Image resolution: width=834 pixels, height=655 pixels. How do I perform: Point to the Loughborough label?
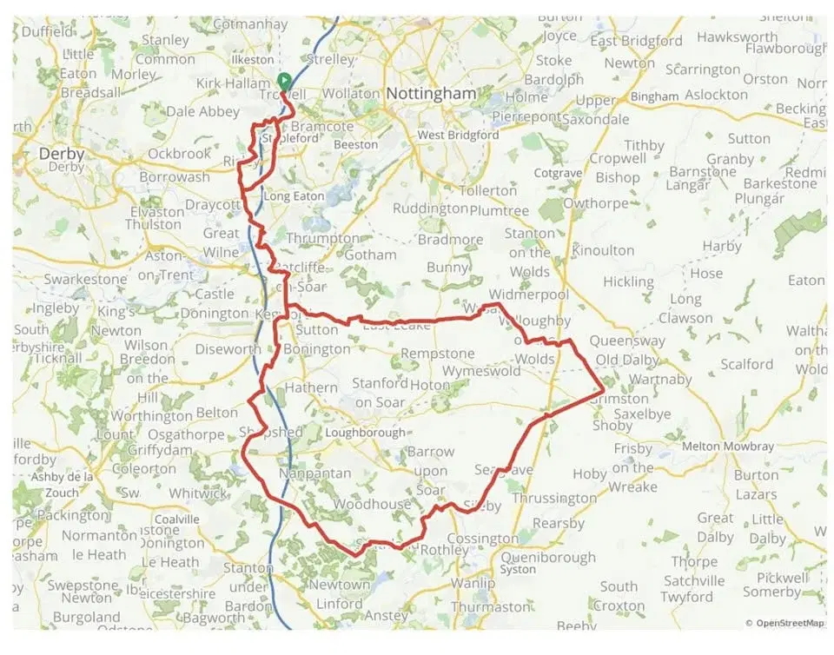coord(365,433)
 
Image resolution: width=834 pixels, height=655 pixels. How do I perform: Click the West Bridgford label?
coord(458,136)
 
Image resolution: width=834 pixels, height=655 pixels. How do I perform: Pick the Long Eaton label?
coord(294,197)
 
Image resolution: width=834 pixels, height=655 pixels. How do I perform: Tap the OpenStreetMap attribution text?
coord(788,623)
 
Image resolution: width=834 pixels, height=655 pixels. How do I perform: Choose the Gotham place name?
coord(370,255)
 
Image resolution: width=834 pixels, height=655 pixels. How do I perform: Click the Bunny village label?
coord(447,268)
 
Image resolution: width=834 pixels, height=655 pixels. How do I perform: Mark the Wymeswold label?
coord(481,372)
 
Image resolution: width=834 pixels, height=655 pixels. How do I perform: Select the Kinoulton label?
coord(603,250)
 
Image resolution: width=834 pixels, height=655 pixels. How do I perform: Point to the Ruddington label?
coord(430,208)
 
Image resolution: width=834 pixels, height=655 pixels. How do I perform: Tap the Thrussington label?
coord(554,499)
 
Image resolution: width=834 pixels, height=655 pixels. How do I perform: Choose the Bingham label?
coord(654,96)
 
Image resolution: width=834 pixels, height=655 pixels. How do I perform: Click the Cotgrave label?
coord(557,174)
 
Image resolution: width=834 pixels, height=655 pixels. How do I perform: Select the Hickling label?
coord(628,281)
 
